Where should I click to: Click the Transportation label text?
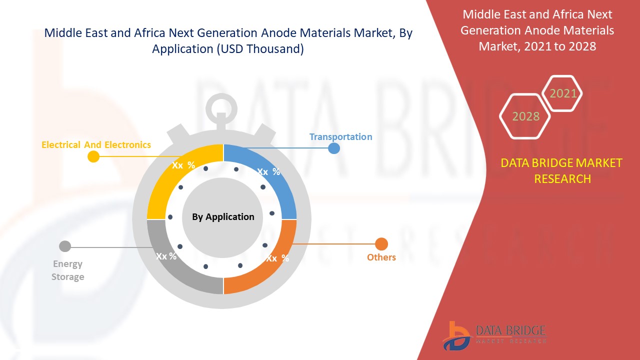click(x=340, y=136)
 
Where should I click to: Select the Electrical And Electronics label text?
click(x=96, y=144)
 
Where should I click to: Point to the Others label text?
click(x=381, y=257)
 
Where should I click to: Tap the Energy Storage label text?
click(x=67, y=270)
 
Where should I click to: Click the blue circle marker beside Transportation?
click(x=333, y=148)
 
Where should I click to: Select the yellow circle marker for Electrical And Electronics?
click(x=93, y=156)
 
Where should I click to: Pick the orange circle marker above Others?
click(x=381, y=244)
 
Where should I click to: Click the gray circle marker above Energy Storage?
click(x=65, y=246)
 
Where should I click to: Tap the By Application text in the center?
click(x=223, y=216)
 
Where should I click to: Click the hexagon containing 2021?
click(x=563, y=93)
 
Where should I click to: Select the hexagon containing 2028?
click(x=525, y=116)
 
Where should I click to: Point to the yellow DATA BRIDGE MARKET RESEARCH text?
click(x=562, y=170)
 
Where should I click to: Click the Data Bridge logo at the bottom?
click(x=492, y=334)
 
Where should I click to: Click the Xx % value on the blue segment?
click(x=268, y=171)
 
